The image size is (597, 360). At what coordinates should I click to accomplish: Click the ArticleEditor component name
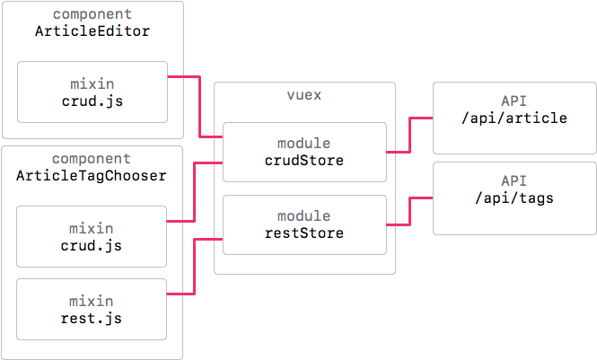92,31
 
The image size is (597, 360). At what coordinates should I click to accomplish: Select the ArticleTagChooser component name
92,175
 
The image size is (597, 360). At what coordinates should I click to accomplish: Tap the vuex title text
304,95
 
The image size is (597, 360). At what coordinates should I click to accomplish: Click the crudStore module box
304,152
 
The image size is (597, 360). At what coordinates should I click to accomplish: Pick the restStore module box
304,224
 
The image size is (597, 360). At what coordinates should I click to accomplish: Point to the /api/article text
513,119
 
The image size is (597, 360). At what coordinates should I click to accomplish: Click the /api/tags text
513,199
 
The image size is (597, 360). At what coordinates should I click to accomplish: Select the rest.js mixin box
92,309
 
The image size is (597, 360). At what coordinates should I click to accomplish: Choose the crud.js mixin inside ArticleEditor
92,92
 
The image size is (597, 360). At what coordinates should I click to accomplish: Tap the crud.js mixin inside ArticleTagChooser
92,236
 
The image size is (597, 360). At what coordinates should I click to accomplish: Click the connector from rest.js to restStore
196,267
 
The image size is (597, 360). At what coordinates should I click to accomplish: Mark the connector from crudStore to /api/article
409,135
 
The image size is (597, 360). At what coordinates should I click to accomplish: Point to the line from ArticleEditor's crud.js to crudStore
198,106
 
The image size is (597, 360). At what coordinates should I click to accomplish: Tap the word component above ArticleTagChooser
92,159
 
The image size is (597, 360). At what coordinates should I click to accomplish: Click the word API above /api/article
513,101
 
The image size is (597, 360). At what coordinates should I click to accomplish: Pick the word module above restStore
304,215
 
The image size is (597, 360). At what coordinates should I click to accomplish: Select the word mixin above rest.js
92,301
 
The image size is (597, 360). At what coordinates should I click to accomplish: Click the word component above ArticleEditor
92,15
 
